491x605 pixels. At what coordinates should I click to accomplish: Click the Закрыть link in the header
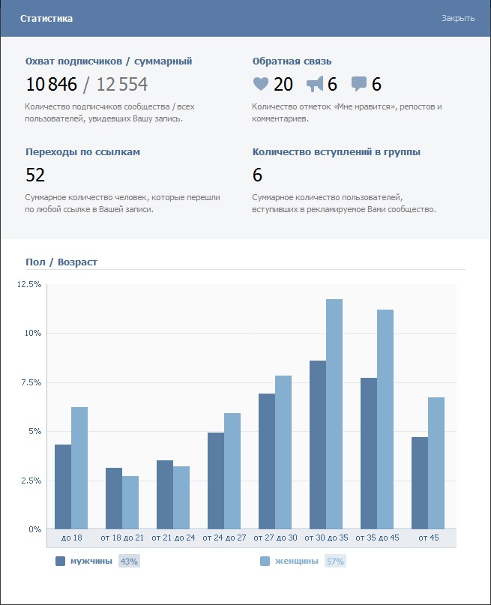point(457,18)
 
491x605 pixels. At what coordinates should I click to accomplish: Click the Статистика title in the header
point(46,18)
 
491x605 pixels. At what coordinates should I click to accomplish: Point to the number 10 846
point(52,84)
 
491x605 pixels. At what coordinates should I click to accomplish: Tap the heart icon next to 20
point(260,84)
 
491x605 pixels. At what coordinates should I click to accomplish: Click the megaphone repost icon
point(315,84)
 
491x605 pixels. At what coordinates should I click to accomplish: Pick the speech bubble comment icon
point(359,84)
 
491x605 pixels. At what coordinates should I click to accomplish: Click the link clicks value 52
point(35,175)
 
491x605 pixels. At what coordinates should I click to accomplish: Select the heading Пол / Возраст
point(61,262)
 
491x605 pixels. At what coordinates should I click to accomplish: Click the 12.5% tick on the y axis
point(29,284)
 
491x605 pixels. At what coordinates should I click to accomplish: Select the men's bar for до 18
point(63,487)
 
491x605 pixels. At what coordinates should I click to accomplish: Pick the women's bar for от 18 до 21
point(130,502)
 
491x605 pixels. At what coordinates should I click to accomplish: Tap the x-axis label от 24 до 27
point(224,538)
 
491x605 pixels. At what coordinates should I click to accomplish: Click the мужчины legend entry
point(91,561)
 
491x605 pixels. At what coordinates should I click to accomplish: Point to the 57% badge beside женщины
point(335,561)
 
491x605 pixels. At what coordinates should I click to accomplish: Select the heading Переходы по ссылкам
point(82,151)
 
